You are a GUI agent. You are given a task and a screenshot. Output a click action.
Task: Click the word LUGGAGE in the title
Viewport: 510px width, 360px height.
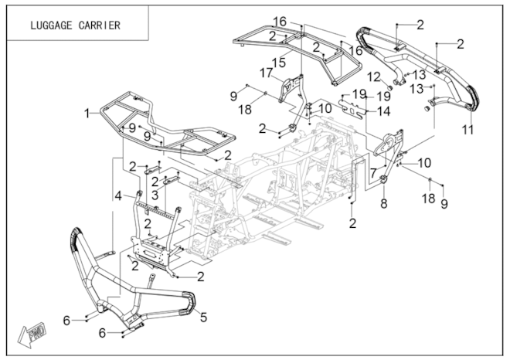53,24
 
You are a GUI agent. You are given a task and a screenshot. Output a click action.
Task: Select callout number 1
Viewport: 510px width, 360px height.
88,113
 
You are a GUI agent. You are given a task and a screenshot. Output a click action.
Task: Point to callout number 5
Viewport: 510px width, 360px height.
205,316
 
